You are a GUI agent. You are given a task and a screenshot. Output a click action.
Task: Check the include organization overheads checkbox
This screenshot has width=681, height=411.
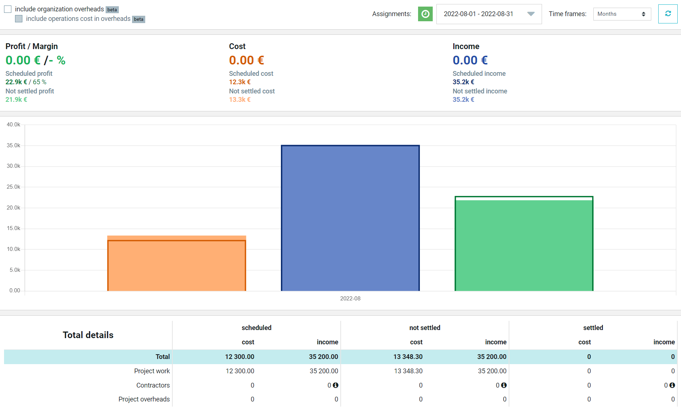(8, 9)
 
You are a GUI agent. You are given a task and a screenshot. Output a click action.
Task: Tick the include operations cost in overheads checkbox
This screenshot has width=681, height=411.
(19, 19)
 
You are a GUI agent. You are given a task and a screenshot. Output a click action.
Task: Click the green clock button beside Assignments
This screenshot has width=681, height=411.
(425, 14)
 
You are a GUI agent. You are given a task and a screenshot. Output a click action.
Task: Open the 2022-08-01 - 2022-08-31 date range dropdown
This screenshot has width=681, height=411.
(489, 14)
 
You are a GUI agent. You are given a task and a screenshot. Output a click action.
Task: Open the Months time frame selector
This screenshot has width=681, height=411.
(622, 14)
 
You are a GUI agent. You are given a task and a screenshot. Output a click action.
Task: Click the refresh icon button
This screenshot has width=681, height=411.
(668, 14)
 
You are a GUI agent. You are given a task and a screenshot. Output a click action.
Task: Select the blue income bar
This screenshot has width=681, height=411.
(350, 218)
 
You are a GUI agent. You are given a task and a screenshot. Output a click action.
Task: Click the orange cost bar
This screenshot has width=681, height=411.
(177, 264)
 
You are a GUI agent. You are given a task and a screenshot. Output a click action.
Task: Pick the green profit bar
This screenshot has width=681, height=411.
(524, 244)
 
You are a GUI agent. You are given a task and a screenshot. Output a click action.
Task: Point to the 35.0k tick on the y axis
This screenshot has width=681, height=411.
(14, 145)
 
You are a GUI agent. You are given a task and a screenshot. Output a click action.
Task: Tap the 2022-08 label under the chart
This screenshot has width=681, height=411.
(350, 299)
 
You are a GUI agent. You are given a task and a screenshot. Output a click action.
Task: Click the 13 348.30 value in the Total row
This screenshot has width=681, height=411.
(408, 357)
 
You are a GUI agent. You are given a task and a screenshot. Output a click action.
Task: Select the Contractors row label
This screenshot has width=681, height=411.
(153, 385)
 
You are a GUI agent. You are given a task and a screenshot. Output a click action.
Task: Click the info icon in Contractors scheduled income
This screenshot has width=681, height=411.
(336, 385)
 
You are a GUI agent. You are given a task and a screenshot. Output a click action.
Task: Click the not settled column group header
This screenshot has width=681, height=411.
(425, 328)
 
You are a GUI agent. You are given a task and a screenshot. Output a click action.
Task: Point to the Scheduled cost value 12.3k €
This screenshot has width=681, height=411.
(240, 82)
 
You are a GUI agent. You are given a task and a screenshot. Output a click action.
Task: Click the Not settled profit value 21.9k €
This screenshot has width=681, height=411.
(16, 100)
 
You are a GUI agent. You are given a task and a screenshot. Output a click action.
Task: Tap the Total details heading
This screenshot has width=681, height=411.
(88, 335)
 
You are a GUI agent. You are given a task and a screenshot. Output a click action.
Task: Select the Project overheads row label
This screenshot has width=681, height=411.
(144, 399)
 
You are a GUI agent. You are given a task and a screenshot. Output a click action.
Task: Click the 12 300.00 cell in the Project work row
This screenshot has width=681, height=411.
(240, 371)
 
